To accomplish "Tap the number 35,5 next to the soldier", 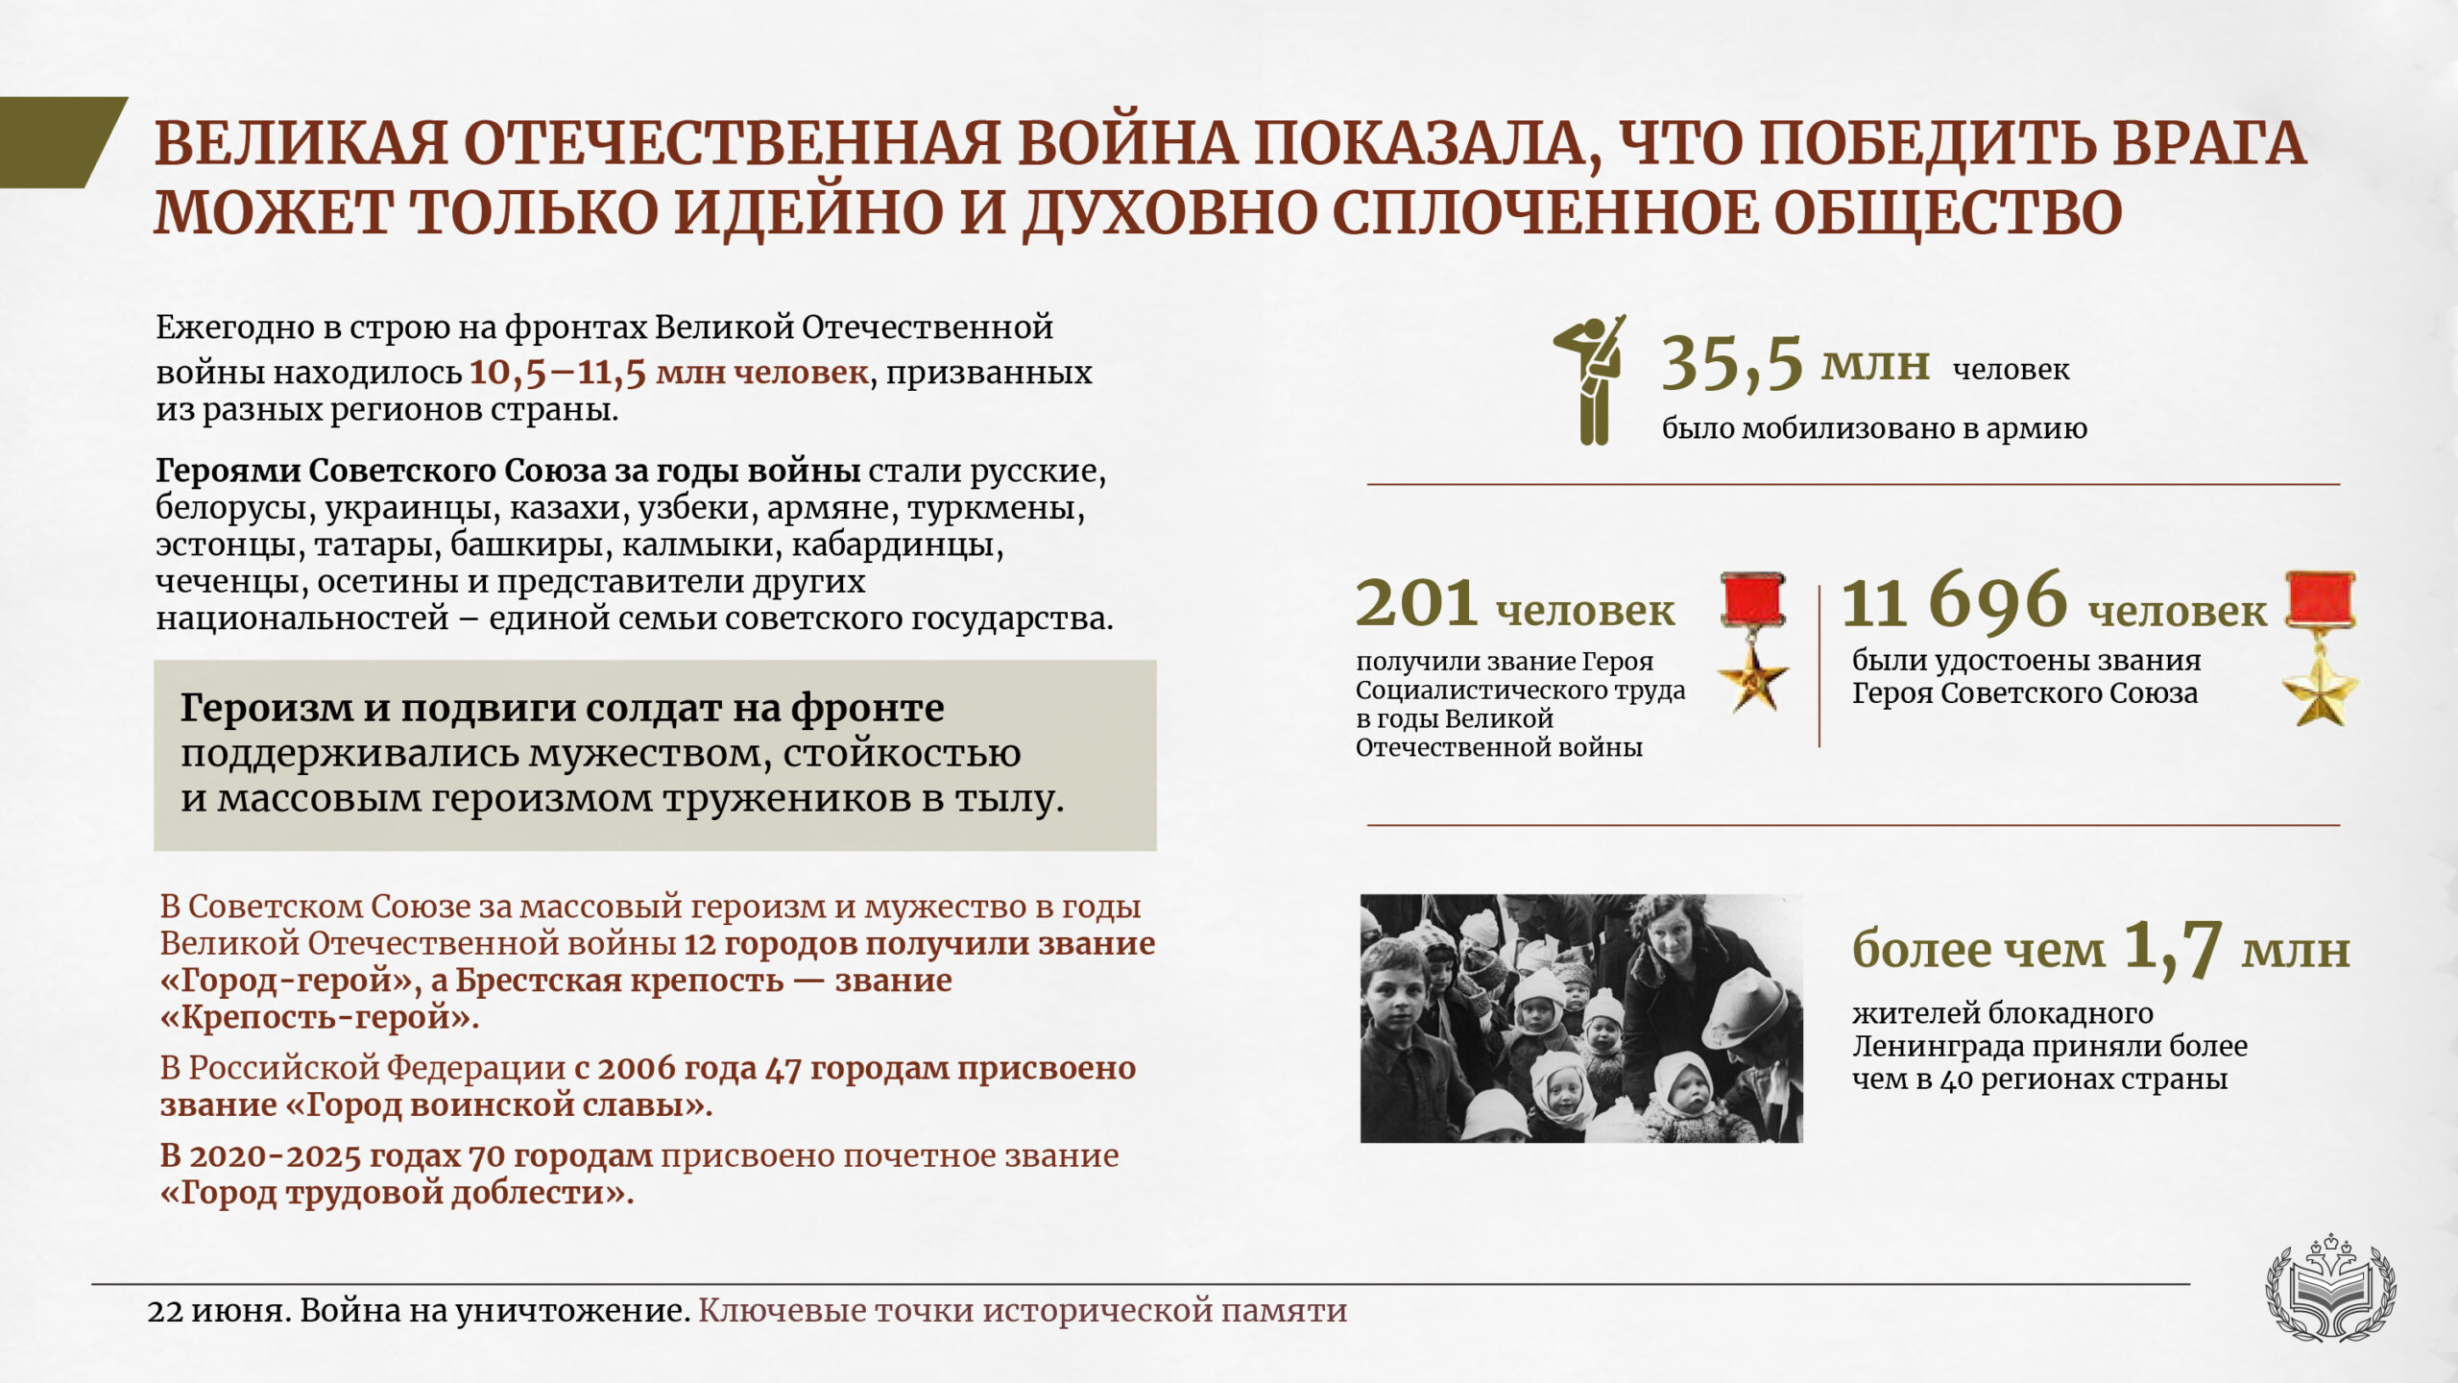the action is (x=1732, y=364).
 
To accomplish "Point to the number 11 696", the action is (x=1954, y=601).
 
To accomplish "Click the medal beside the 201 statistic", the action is (x=1753, y=642).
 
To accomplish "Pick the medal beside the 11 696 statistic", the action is (x=2320, y=647).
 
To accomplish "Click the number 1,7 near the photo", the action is (x=2172, y=949).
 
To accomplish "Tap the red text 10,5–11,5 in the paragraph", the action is (x=557, y=372).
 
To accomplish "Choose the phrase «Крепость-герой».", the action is (x=320, y=1016).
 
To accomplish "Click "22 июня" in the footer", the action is (x=218, y=1311).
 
